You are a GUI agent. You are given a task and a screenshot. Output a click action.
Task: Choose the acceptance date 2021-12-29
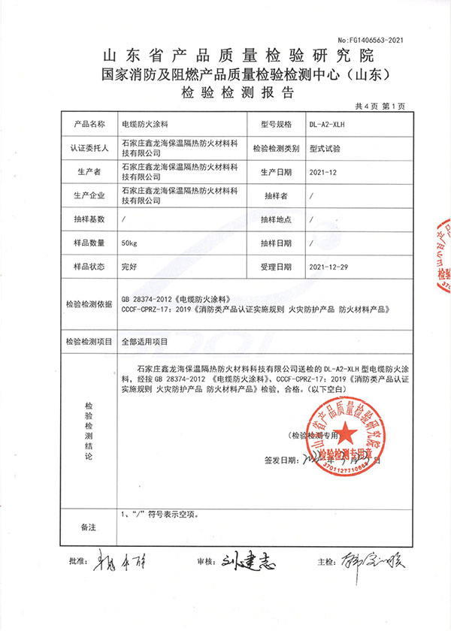click(328, 267)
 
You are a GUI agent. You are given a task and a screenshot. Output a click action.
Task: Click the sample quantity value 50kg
click(131, 243)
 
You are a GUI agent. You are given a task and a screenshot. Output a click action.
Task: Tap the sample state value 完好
click(129, 267)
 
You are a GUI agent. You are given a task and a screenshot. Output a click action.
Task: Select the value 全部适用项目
click(145, 340)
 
